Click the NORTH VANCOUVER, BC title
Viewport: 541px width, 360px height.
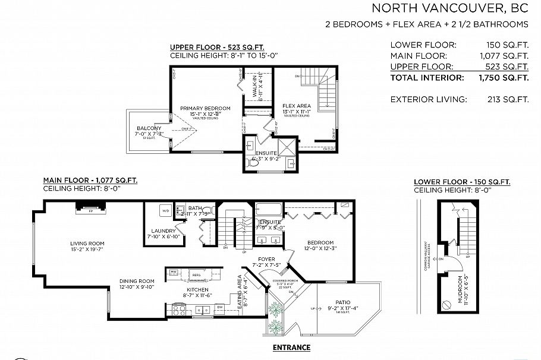pos(449,8)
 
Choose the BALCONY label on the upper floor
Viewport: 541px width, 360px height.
pos(149,128)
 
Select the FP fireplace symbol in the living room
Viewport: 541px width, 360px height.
pos(91,210)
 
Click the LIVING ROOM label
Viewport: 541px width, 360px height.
pos(87,243)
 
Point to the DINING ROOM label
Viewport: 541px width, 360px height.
pos(137,281)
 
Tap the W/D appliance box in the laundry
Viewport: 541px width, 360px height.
pos(166,211)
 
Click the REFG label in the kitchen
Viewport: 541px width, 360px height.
pos(196,274)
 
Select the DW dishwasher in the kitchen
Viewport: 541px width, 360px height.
pos(220,307)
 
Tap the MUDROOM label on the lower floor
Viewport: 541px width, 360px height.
pos(461,290)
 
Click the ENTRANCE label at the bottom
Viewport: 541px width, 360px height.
pos(291,347)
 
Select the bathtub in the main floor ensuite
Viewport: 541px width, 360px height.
pos(269,209)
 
